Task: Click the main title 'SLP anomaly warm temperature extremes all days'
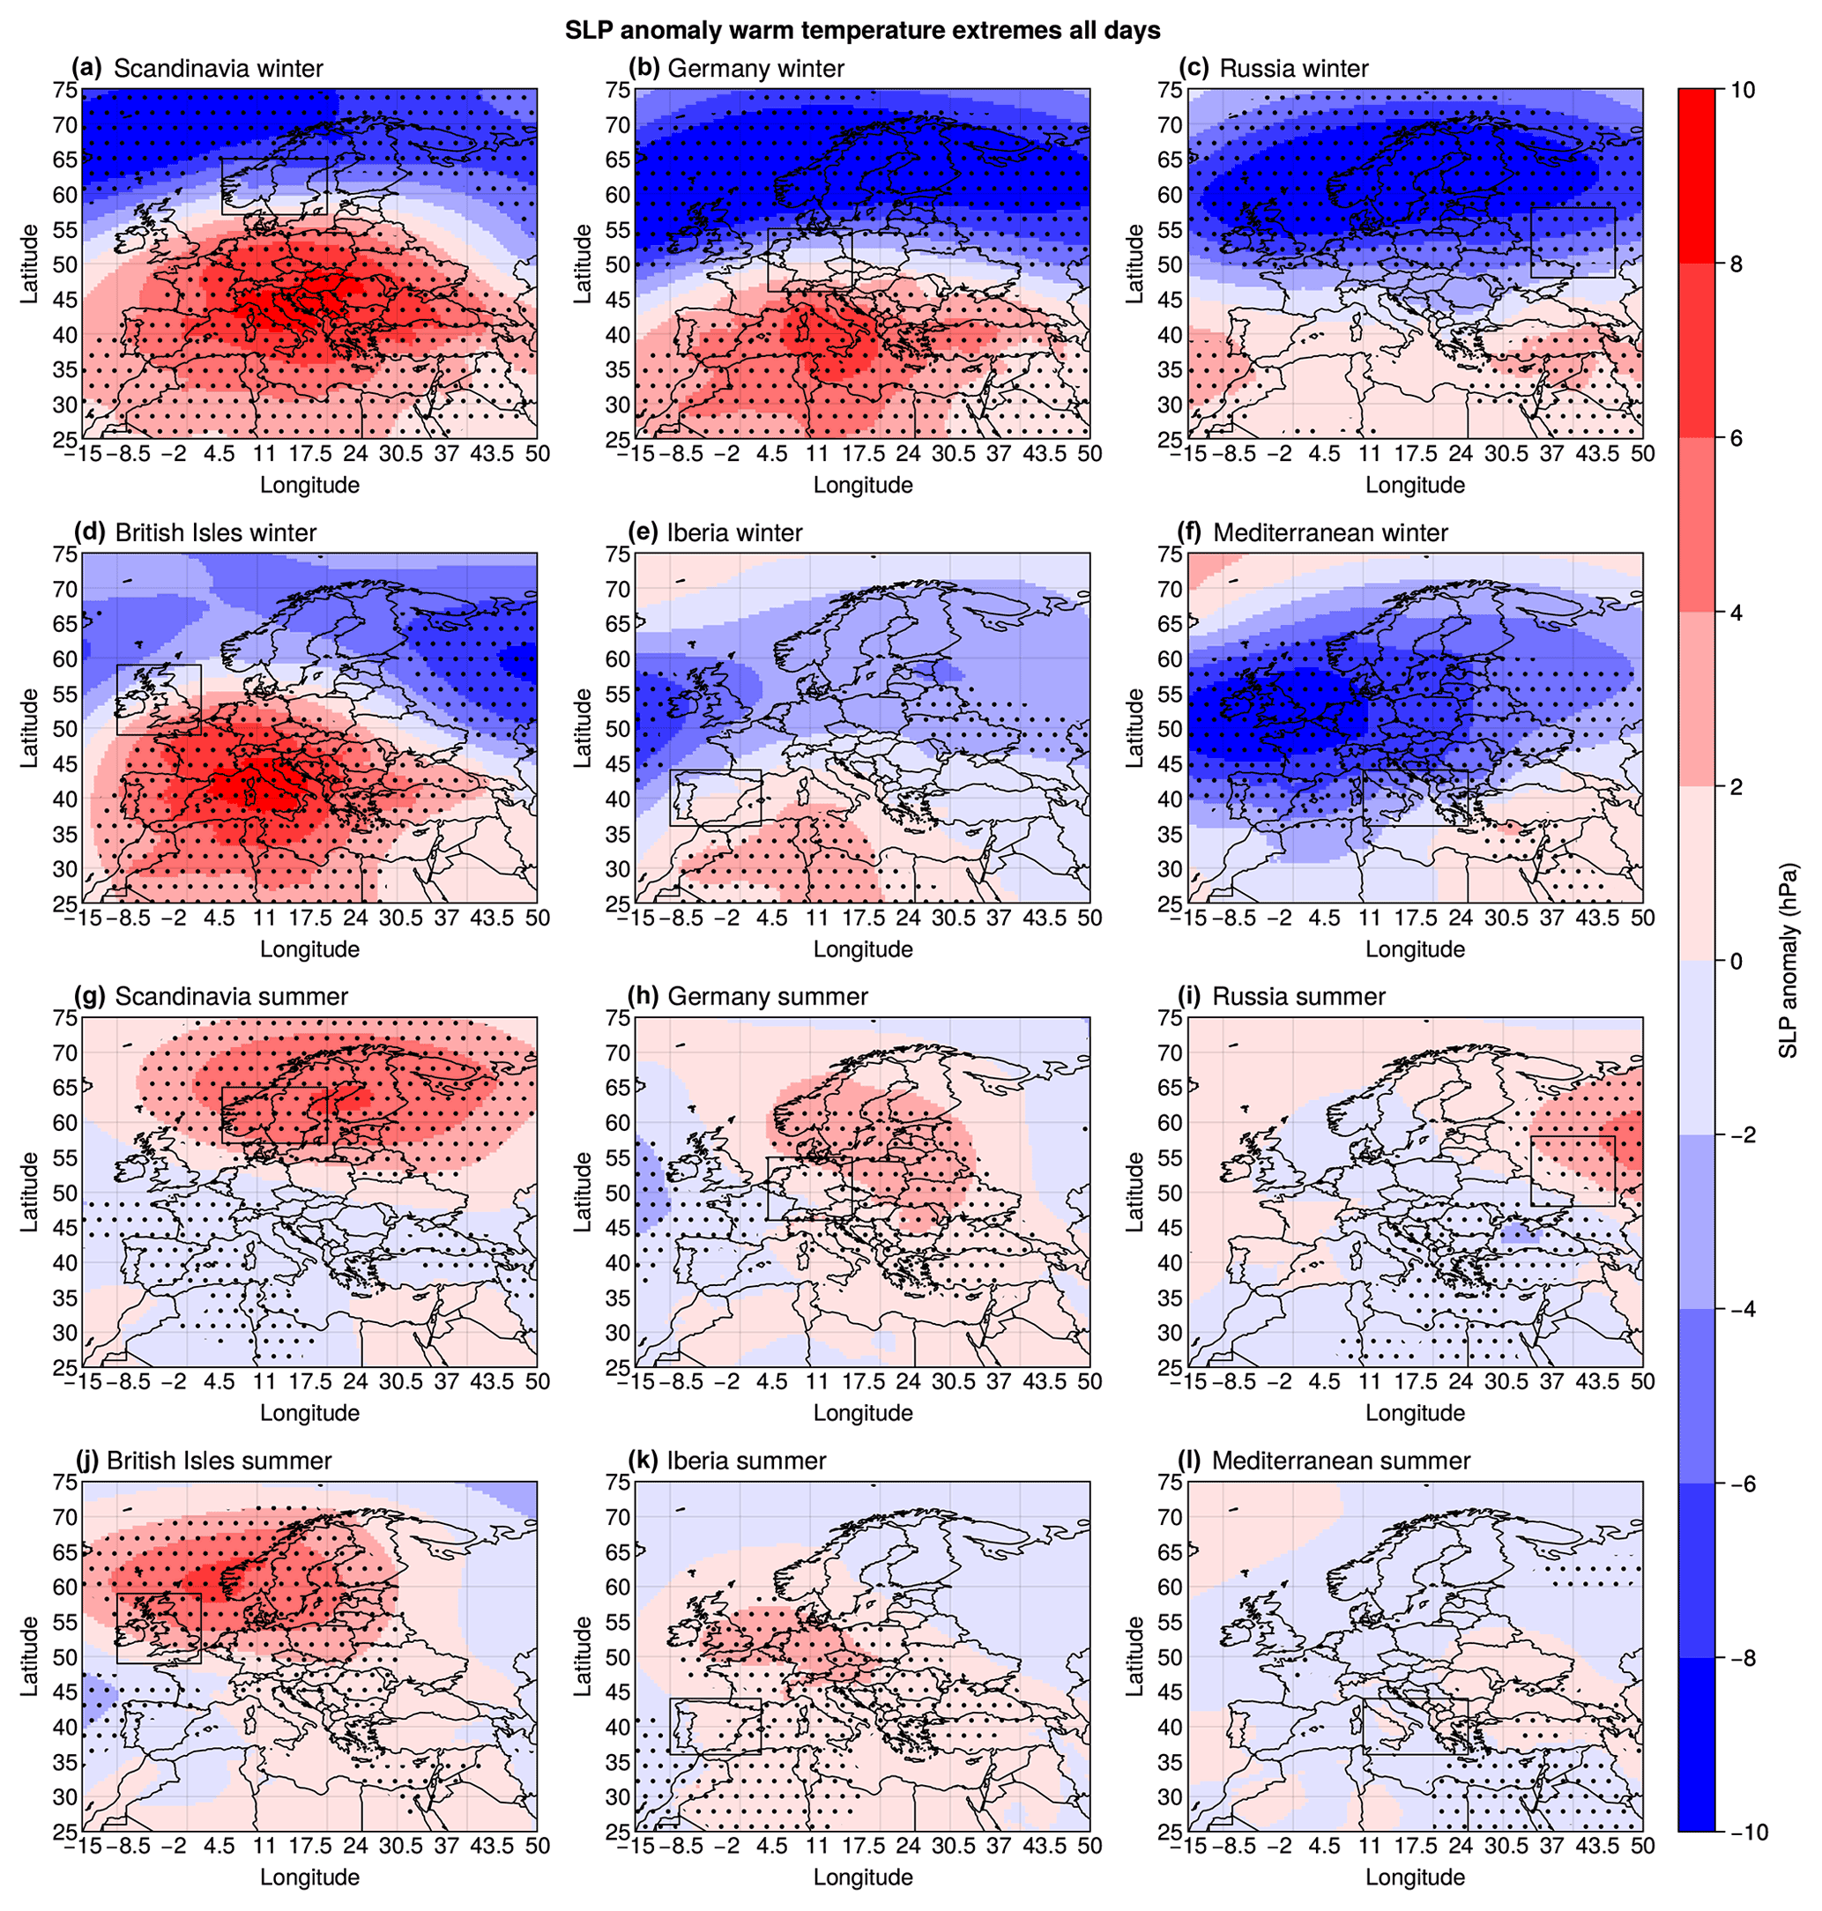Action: [x=862, y=30]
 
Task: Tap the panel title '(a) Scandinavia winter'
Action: [x=198, y=68]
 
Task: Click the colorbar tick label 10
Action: [x=1743, y=90]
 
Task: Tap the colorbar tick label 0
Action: [x=1736, y=961]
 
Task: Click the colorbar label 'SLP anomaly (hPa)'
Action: [x=1788, y=961]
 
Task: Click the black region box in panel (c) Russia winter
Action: [x=1573, y=242]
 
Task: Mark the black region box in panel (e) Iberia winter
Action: [x=715, y=797]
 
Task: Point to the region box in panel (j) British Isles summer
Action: [x=159, y=1627]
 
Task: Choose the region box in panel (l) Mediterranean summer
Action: [x=1414, y=1726]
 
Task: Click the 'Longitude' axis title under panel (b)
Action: [x=862, y=485]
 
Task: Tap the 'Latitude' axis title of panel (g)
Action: [x=29, y=1193]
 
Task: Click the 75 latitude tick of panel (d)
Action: [x=65, y=554]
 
